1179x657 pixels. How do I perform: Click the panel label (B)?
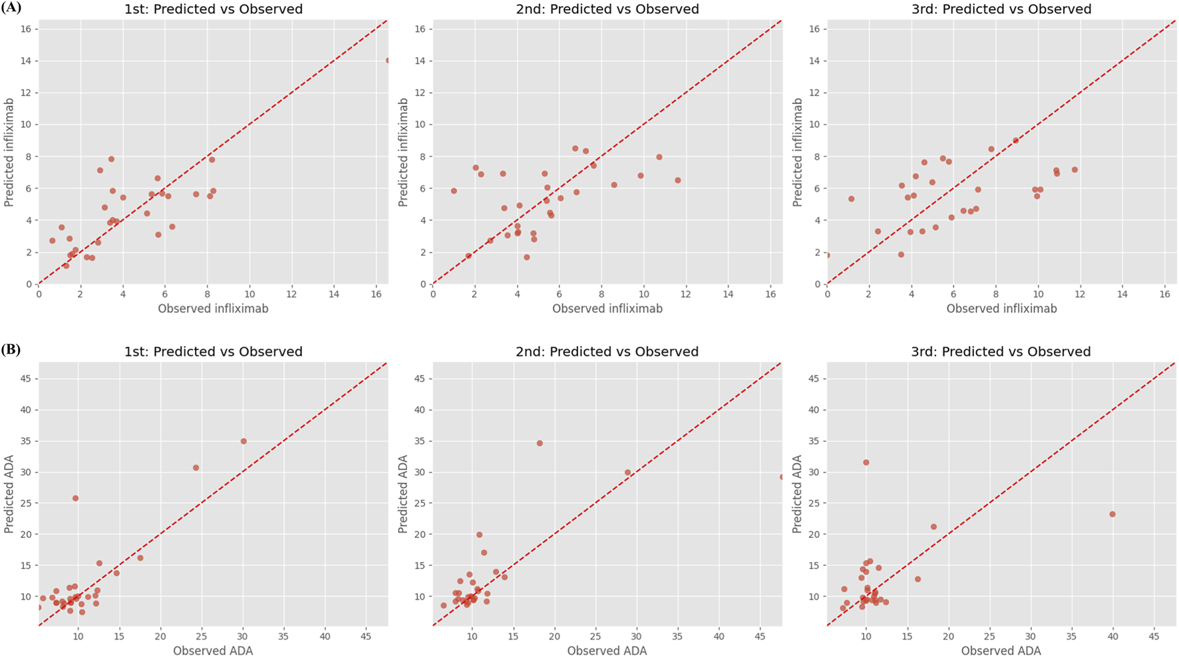coord(11,349)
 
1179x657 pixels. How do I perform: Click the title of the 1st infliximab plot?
coord(213,9)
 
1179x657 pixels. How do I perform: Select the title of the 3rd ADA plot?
coord(1001,351)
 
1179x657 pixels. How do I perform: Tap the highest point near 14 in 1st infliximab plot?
coord(387,61)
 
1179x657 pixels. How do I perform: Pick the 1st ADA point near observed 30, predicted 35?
coord(244,441)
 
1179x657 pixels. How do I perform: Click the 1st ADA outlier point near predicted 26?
coord(75,499)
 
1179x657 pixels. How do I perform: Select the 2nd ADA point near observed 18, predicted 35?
coord(540,443)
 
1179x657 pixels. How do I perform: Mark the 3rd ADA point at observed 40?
coord(1112,515)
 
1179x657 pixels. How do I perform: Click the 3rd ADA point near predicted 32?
coord(866,463)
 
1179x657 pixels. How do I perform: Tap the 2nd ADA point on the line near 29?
coord(627,473)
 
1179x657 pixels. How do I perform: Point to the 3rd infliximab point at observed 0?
coord(828,255)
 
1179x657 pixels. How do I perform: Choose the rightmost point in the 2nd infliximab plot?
coord(678,180)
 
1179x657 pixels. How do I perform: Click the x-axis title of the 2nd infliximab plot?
coord(607,309)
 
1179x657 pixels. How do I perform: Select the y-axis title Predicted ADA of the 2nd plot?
coord(403,494)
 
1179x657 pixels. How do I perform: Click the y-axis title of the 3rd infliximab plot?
coord(797,152)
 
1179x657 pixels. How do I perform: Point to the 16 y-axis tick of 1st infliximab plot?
coord(26,29)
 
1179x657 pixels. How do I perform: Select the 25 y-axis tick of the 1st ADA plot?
coord(25,503)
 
